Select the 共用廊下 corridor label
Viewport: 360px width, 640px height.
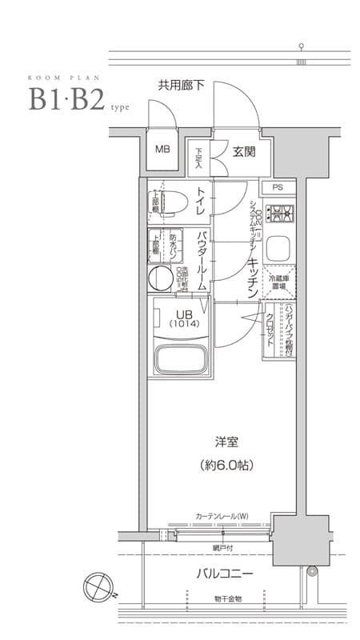(181, 83)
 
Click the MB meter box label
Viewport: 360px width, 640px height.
(162, 150)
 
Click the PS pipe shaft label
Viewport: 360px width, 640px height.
(277, 187)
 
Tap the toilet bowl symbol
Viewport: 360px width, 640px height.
(170, 203)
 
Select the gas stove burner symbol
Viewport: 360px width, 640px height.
(280, 214)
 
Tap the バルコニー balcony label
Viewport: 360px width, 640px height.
(225, 574)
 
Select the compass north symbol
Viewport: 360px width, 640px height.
(98, 585)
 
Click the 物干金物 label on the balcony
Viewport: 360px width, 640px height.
(226, 598)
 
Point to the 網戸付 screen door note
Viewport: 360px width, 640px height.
(224, 547)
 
